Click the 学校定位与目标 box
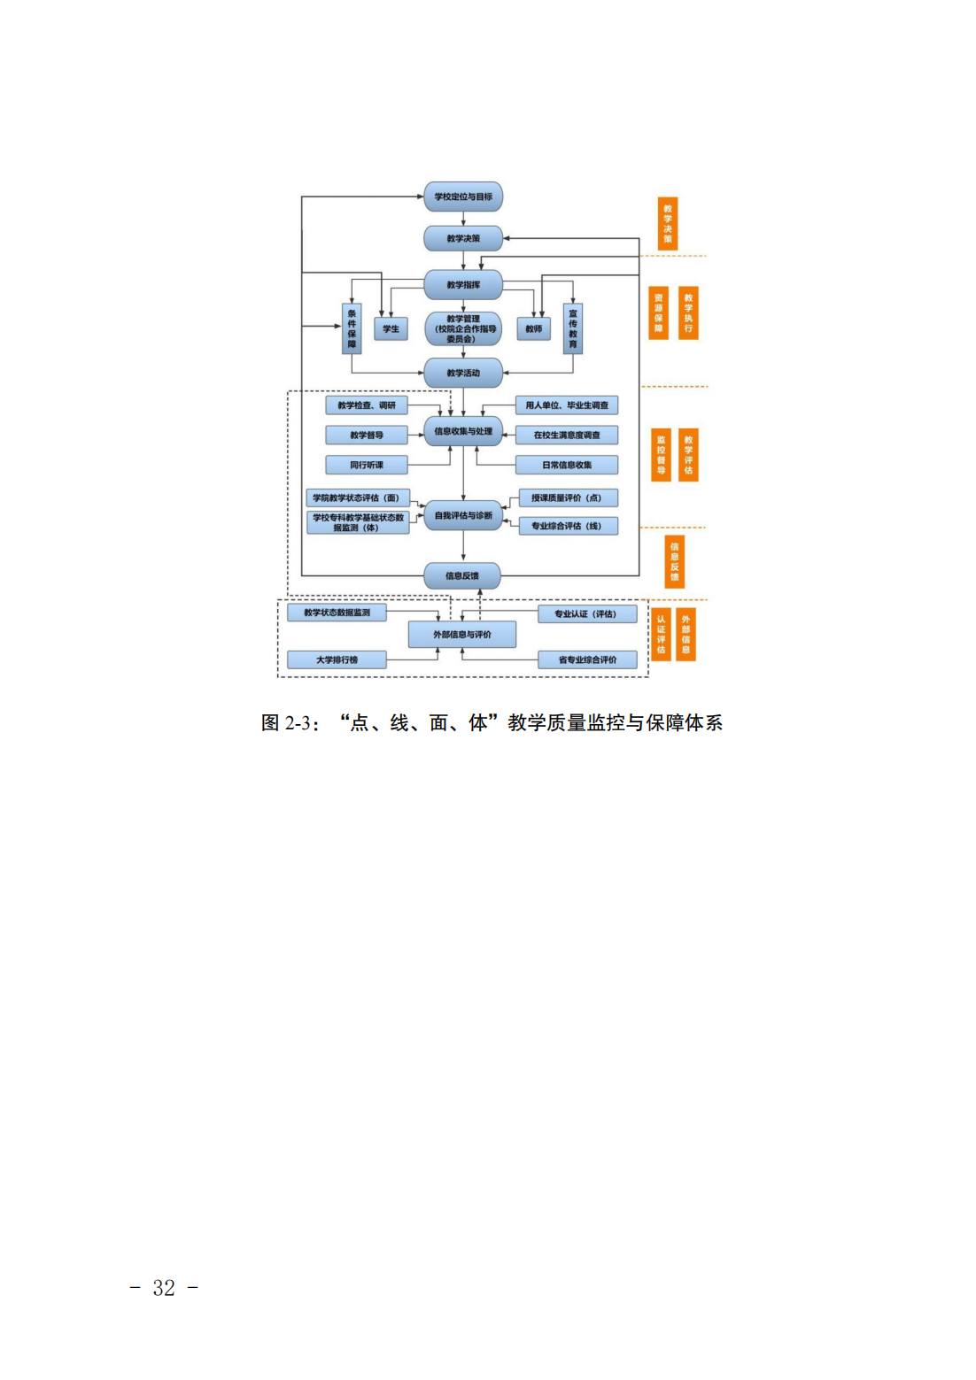(x=463, y=197)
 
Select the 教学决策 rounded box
(x=463, y=238)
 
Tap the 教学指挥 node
(x=463, y=285)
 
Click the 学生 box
(x=391, y=328)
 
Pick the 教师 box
(x=533, y=328)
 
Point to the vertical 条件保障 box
(x=352, y=328)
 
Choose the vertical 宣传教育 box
(x=573, y=328)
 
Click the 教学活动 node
(x=463, y=373)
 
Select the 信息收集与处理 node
(x=463, y=431)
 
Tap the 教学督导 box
(x=367, y=435)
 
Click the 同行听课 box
(x=367, y=465)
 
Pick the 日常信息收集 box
(x=567, y=465)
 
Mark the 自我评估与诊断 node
(x=463, y=515)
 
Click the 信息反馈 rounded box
(x=462, y=575)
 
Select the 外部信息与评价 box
(x=462, y=635)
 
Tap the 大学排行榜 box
(x=337, y=659)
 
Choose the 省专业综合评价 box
(x=587, y=659)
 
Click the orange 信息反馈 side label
(x=674, y=562)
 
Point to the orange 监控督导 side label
(x=661, y=455)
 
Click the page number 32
(x=164, y=1288)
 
